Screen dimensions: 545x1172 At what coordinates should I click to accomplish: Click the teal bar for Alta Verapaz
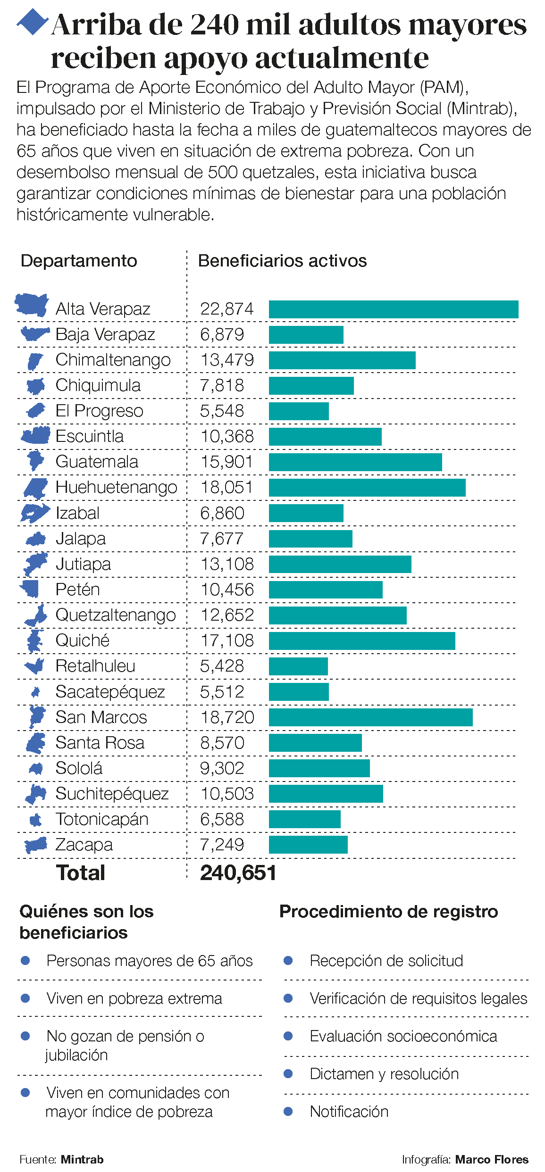coord(394,309)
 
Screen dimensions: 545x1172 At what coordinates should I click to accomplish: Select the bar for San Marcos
coord(371,717)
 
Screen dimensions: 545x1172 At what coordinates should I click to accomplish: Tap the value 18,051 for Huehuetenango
coord(227,487)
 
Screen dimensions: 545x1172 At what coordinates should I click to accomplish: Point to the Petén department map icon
coord(30,589)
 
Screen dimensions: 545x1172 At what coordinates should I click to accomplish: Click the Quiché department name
coord(83,640)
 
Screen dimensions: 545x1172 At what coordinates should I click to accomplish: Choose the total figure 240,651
coord(238,873)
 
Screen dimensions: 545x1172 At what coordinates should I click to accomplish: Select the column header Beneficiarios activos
coord(282,261)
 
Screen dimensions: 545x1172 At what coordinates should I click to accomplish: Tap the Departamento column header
coord(79,261)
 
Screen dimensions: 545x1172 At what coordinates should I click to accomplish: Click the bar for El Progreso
coord(299,411)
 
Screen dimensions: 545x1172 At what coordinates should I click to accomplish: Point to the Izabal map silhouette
coord(34,513)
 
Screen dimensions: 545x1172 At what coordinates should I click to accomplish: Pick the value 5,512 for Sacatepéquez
coord(222,692)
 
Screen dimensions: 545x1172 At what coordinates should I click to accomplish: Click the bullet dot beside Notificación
coord(288,1111)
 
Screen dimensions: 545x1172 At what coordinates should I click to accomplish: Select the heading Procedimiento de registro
coord(388,912)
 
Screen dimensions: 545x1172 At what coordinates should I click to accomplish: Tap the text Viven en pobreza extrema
coord(134,998)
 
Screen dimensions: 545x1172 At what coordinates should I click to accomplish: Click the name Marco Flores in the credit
coord(492,1159)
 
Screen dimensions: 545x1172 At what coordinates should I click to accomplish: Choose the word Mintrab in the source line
coord(82,1159)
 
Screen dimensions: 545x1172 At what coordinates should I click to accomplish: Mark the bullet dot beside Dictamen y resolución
coord(288,1073)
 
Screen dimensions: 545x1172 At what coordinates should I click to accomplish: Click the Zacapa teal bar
coord(308,845)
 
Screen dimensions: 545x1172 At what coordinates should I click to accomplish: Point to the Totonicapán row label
coord(102,819)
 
